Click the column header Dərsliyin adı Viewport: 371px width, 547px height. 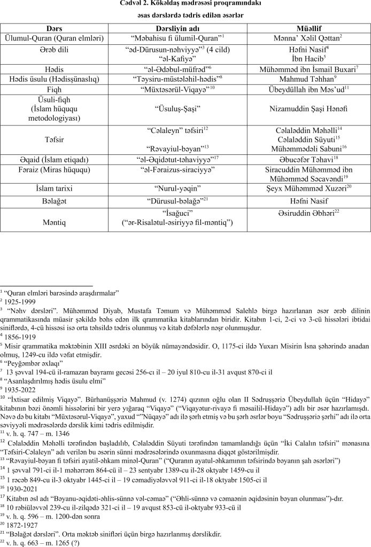coord(185,29)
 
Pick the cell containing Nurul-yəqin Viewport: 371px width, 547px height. coord(185,189)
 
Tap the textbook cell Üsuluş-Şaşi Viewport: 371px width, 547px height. coord(185,108)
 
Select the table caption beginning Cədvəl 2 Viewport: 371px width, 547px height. coord(185,5)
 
